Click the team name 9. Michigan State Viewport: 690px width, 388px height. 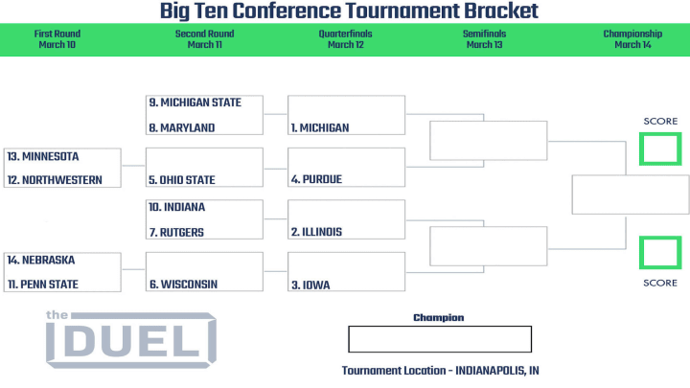(195, 103)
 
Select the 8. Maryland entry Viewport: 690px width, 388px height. (182, 128)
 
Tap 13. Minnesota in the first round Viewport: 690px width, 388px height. (43, 156)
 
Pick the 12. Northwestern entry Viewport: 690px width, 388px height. (55, 180)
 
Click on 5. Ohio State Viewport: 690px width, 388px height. (182, 180)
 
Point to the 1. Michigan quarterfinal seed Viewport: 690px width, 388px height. (320, 128)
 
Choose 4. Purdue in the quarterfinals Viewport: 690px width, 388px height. (316, 179)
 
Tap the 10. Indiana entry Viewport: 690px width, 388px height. (177, 207)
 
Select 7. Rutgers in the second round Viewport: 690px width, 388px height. (176, 232)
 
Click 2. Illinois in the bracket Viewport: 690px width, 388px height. (316, 232)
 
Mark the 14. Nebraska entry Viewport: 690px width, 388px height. (41, 260)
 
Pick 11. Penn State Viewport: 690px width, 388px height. (43, 285)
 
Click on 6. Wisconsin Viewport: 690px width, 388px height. (183, 285)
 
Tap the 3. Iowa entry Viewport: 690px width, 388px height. (310, 285)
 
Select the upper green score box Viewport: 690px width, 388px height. (660, 135)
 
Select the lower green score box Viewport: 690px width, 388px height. (660, 239)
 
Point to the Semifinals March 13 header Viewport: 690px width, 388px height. (485, 39)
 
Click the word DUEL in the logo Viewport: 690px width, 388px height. (131, 342)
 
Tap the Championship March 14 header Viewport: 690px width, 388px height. (632, 39)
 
